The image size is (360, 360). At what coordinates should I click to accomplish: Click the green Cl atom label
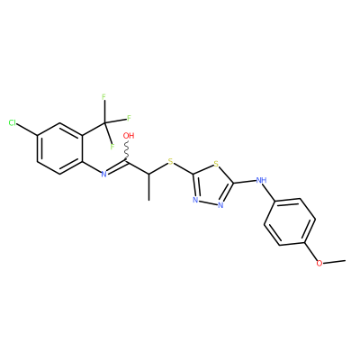pos(13,122)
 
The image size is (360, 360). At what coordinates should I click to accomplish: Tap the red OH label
pos(129,136)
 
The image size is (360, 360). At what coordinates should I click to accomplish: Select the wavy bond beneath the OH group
pos(127,151)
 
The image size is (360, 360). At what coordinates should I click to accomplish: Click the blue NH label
pos(262,180)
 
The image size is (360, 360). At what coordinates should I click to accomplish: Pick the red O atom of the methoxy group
pos(319,264)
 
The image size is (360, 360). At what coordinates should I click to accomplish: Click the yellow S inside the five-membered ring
pos(216,164)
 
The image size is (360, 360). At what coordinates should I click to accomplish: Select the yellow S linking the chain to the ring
pos(171,162)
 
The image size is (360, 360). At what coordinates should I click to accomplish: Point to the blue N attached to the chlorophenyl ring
pos(103,175)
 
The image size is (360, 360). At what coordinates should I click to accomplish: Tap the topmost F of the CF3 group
pos(103,97)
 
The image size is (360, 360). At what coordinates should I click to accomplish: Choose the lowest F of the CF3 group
pos(112,147)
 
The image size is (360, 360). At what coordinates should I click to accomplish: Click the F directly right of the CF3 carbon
pos(129,118)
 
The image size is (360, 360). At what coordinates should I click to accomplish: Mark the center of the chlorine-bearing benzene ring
pos(59,148)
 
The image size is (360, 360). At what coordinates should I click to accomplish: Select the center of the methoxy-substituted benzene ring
pos(290,221)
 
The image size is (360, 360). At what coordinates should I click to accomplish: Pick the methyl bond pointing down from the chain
pos(148,187)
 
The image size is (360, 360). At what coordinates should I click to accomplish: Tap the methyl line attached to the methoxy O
pos(334,262)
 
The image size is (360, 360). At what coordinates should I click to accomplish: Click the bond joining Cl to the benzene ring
pos(27,130)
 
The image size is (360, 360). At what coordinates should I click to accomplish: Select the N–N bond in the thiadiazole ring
pos(208,202)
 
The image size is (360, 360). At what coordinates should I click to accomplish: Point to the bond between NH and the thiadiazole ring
pos(245,182)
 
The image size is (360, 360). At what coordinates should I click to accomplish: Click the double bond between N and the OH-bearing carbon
pos(117,168)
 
